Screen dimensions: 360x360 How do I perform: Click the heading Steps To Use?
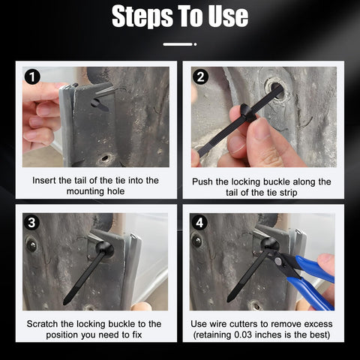tap(180, 16)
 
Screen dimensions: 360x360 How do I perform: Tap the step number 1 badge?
tap(31, 76)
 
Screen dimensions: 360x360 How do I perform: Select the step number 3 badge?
tap(31, 222)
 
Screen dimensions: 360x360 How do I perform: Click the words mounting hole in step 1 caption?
tap(96, 193)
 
